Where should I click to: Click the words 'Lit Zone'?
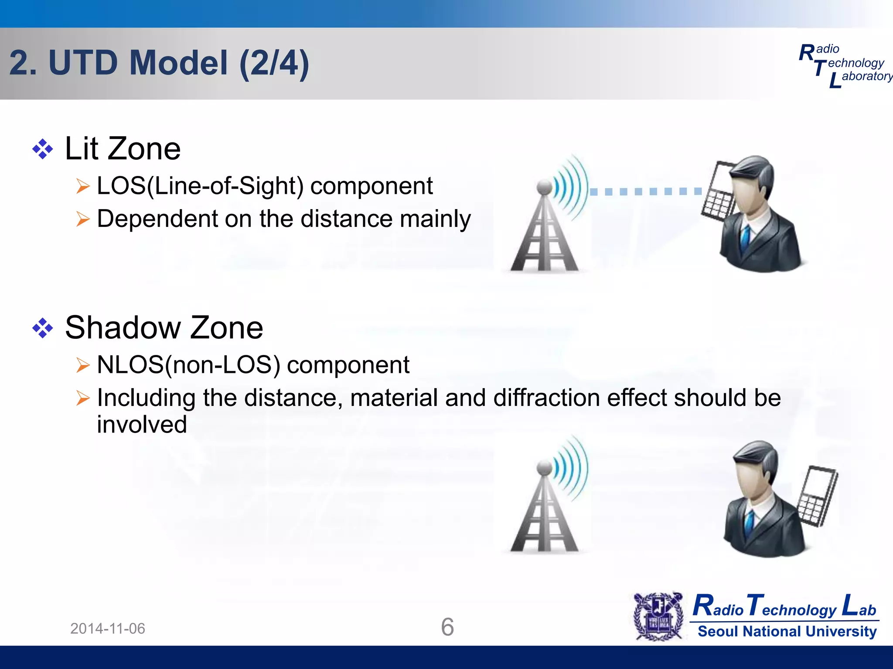(123, 149)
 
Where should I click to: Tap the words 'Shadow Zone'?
(164, 328)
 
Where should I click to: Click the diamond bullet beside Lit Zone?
(43, 149)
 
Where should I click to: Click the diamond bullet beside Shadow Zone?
(43, 328)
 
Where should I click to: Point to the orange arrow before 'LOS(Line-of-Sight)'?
(82, 186)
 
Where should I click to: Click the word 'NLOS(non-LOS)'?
(188, 365)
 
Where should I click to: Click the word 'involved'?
(142, 425)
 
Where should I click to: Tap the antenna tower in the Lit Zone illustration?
(544, 231)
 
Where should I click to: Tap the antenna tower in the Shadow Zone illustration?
(544, 512)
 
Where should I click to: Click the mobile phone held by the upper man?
(717, 192)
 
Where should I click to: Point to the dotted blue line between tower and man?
(645, 192)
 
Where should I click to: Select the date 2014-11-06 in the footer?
(108, 628)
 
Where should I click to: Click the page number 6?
(447, 627)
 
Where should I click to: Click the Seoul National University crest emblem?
(658, 616)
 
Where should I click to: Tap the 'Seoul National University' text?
(787, 631)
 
